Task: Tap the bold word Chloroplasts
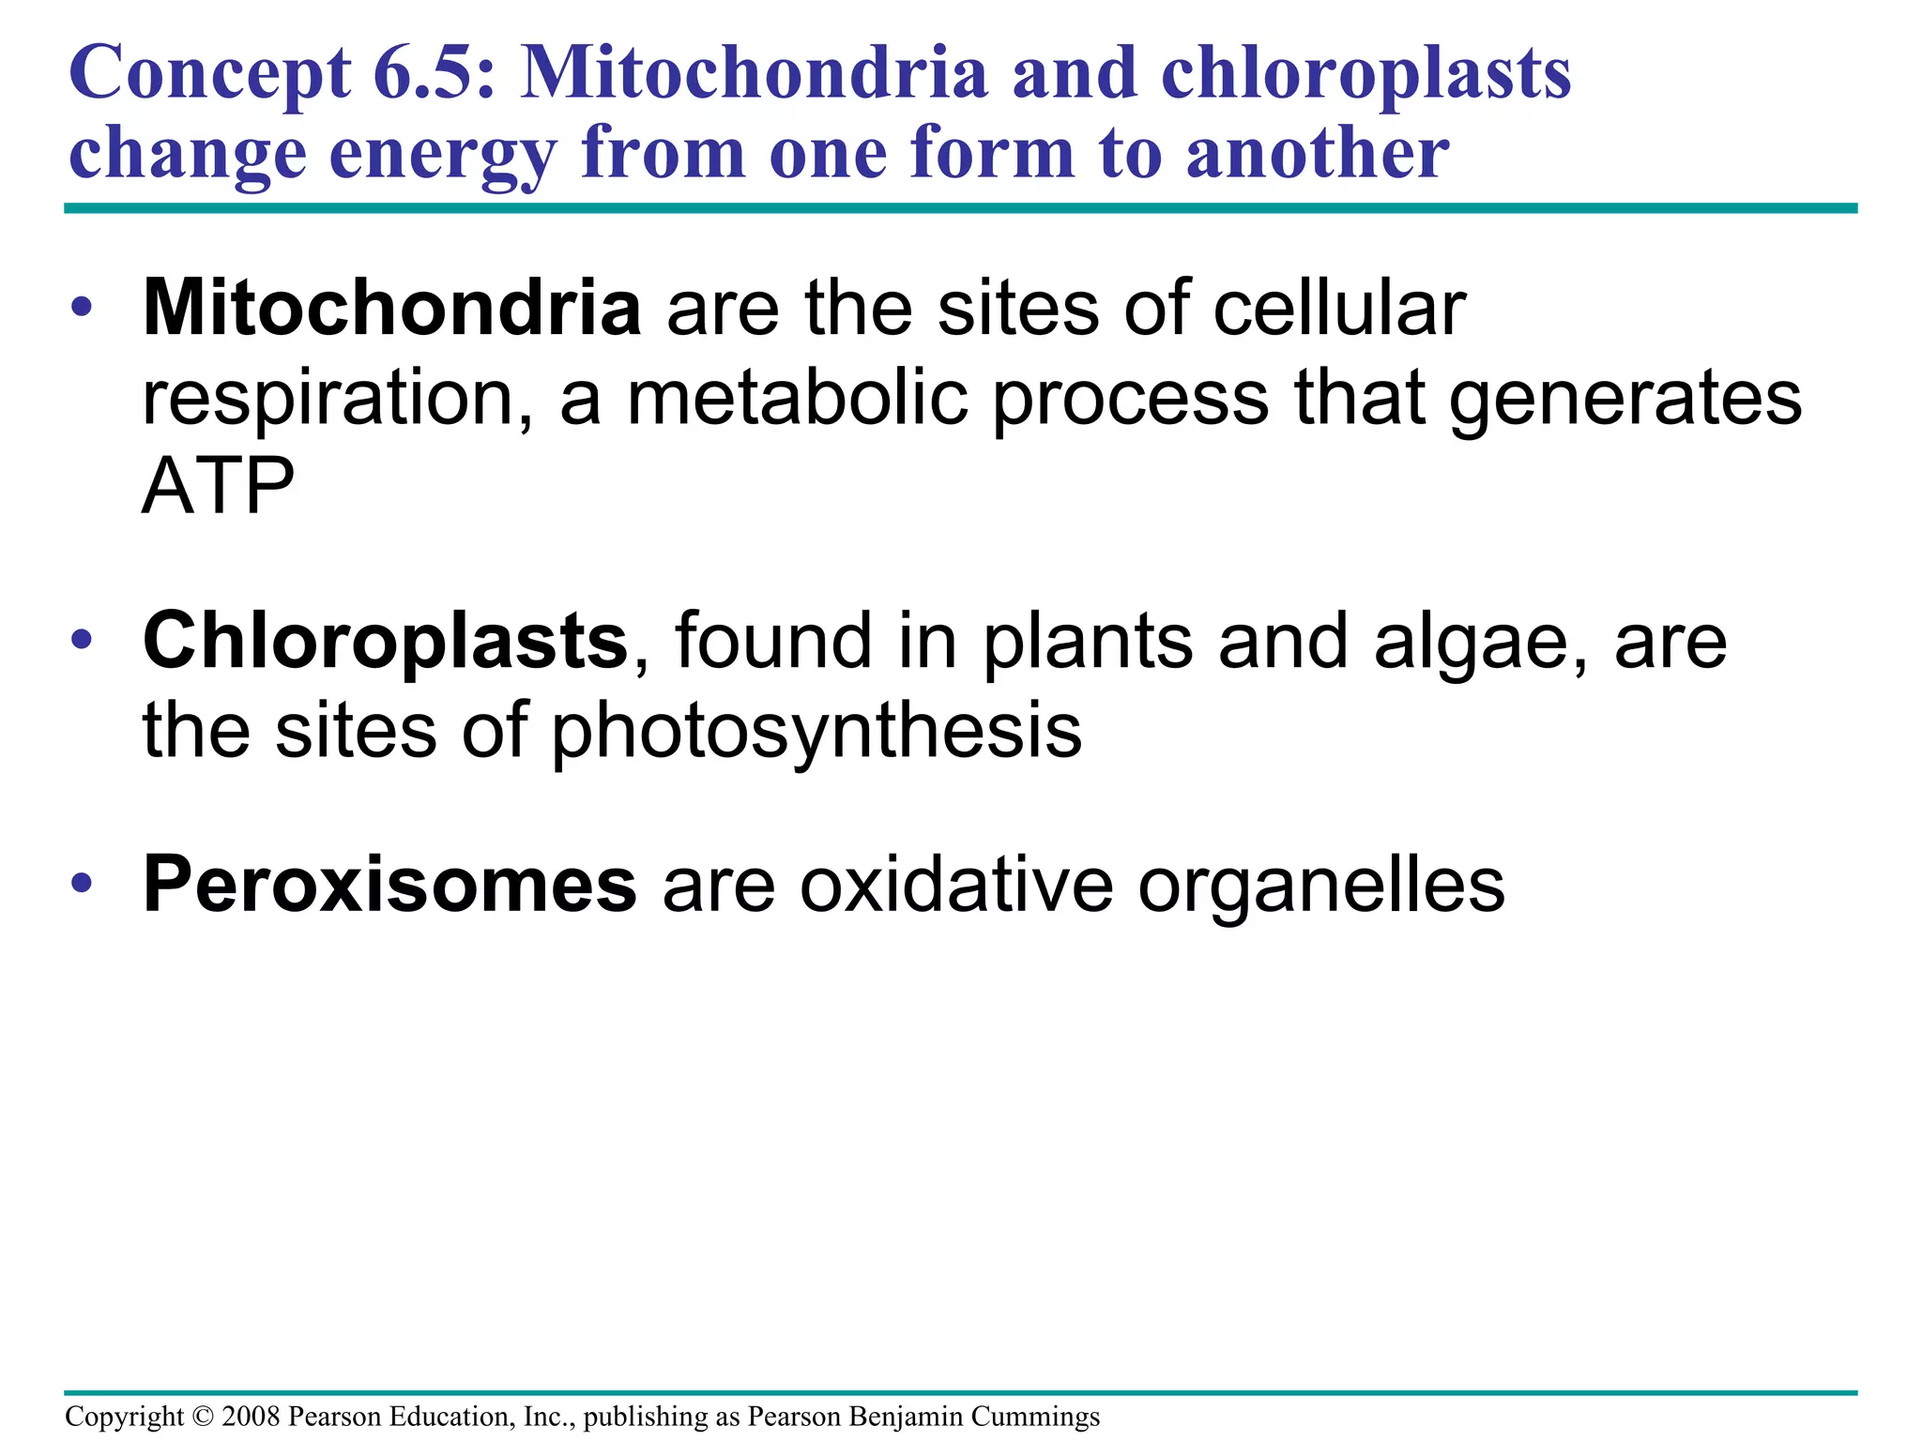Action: coord(385,641)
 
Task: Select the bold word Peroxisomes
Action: coord(389,885)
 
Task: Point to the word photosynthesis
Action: coord(816,731)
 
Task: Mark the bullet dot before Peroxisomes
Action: coord(83,883)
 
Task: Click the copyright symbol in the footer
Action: coord(203,1416)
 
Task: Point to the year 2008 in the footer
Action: coord(252,1416)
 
